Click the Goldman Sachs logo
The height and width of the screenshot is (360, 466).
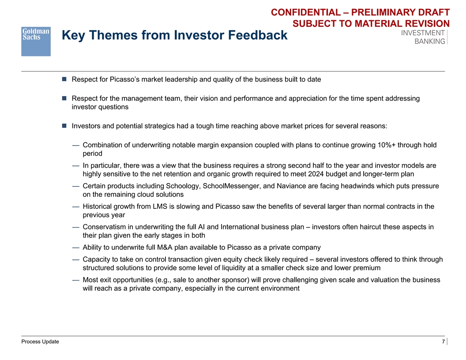[36, 41]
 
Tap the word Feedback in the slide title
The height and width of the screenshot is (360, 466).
[255, 35]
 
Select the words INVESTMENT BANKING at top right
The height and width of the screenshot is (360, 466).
[423, 37]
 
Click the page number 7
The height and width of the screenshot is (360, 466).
[443, 342]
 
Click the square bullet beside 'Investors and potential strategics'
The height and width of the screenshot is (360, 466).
[64, 126]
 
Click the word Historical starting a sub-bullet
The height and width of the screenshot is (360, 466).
[99, 206]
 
